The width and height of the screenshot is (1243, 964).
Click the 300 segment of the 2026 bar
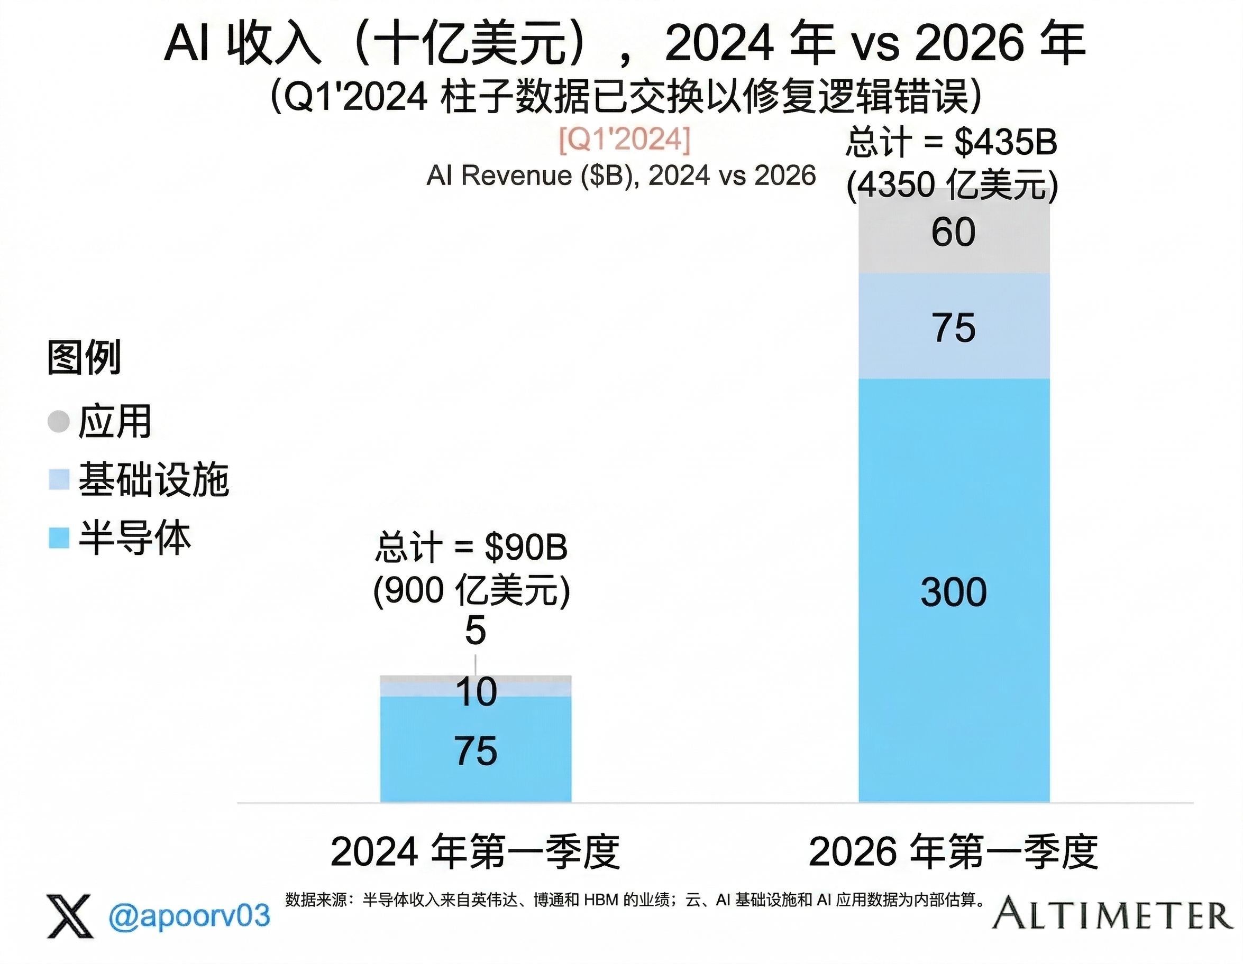coord(954,590)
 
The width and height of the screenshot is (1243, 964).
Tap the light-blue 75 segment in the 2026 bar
coord(954,327)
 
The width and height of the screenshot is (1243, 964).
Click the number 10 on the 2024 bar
coord(477,692)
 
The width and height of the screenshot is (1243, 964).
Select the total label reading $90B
coord(472,547)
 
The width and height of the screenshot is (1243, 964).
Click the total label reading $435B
coord(952,142)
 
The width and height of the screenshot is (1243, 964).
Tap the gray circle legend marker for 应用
coord(59,421)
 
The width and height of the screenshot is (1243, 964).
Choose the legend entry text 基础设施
coord(154,479)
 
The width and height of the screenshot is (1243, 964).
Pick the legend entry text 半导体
coord(134,537)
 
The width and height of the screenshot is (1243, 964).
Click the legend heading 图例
coord(84,357)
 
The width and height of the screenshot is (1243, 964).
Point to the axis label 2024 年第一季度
coord(475,852)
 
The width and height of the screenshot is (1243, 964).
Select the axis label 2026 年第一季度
coord(953,852)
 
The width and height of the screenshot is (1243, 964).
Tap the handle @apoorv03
coord(189,915)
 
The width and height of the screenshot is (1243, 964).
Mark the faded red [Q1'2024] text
coord(624,140)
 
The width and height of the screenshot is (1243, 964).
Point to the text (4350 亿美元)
coord(952,186)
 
